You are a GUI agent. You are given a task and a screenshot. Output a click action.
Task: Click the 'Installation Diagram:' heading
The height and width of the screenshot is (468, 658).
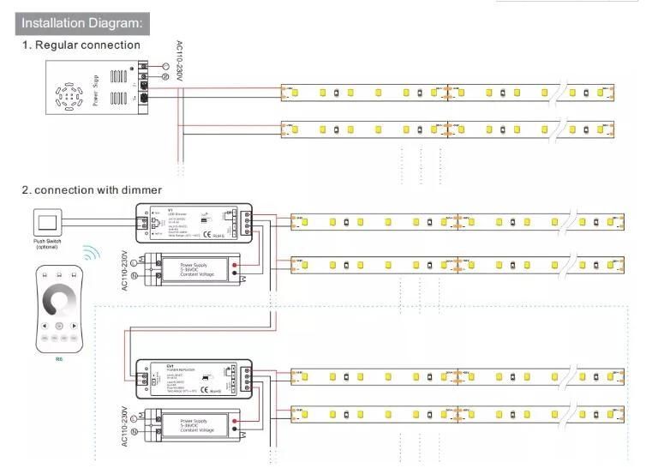[x=81, y=22]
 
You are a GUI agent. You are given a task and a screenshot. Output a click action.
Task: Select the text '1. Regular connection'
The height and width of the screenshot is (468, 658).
[x=81, y=45]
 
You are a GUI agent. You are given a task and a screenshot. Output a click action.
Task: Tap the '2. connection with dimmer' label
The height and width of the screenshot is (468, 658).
[x=92, y=189]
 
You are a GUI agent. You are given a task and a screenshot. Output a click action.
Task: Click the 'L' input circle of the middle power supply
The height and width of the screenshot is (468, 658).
[x=132, y=261]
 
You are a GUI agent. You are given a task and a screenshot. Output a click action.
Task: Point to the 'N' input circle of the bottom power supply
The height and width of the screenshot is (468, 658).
[x=132, y=433]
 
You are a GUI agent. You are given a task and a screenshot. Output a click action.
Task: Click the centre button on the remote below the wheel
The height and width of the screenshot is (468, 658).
[x=58, y=327]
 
